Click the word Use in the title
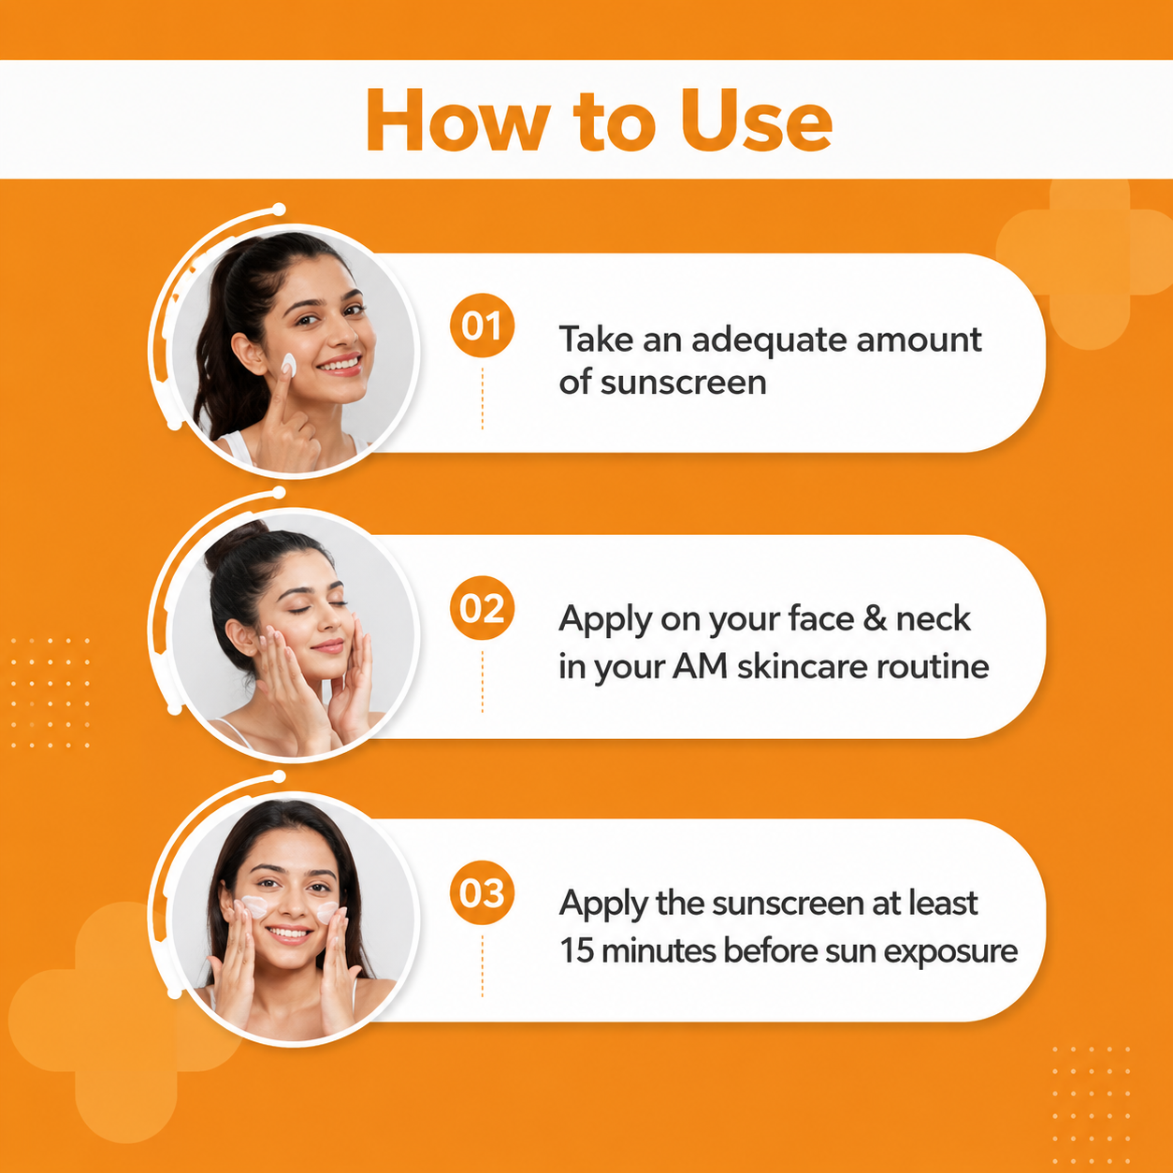click(x=756, y=120)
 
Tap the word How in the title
click(x=457, y=120)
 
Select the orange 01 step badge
click(x=482, y=326)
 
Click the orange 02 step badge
click(x=482, y=607)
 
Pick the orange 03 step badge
click(x=482, y=892)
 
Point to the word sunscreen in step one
click(x=683, y=383)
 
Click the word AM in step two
click(x=700, y=666)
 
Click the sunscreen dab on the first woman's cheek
click(x=288, y=364)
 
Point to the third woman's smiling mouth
click(x=288, y=934)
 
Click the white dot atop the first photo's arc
click(x=279, y=210)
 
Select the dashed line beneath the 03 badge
click(x=482, y=966)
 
